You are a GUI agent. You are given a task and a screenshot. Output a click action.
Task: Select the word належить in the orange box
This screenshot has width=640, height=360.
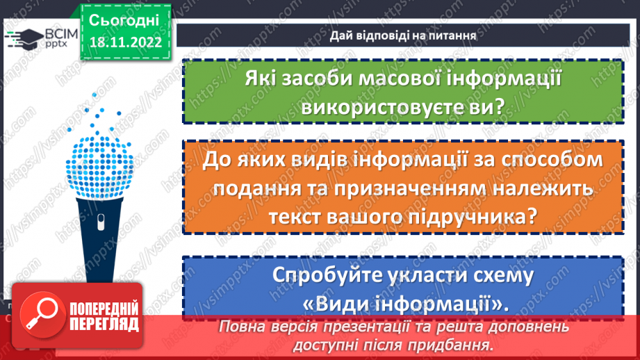pos(546,188)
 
